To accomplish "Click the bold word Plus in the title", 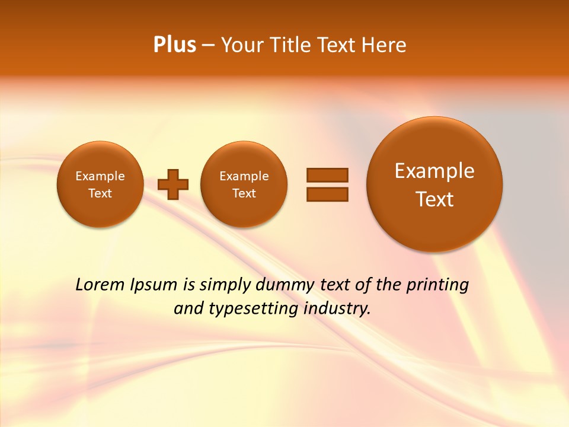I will coord(174,45).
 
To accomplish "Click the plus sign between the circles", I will coord(173,184).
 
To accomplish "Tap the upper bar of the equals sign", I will coord(327,175).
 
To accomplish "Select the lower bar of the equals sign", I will coord(327,194).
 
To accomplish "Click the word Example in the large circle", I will coord(434,171).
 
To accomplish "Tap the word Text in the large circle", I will coord(434,199).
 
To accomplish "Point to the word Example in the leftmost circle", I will coord(100,176).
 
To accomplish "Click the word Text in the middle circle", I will coord(244,193).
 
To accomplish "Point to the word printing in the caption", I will coord(437,285).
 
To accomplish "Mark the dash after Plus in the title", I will coord(208,46).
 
